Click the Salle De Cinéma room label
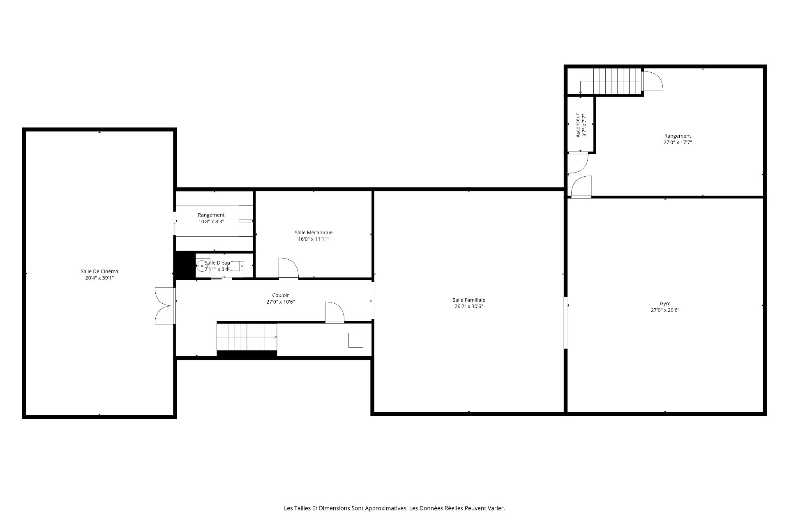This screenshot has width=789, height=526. click(99, 271)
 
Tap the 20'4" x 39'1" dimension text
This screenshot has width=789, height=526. click(99, 278)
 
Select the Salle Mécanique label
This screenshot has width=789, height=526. click(314, 233)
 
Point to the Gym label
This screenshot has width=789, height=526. click(665, 304)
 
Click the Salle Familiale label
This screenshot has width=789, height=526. click(469, 300)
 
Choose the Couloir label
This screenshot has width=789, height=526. click(281, 295)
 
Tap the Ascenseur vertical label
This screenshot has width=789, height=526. click(578, 125)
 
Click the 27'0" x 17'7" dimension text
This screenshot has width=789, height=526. click(678, 143)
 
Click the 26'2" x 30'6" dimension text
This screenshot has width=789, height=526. click(469, 306)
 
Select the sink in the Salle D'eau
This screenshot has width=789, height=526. click(202, 266)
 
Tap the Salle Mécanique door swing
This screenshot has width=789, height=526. click(288, 269)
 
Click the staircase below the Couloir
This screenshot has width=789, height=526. click(247, 337)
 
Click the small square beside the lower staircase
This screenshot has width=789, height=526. click(356, 340)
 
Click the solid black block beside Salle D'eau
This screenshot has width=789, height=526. click(185, 265)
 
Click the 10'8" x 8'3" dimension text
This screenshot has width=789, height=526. click(211, 221)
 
